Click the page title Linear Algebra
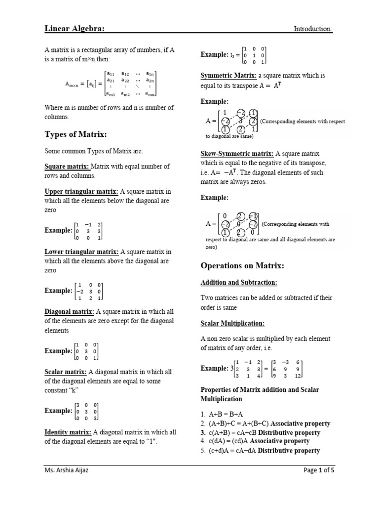[x=75, y=29]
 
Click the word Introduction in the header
[x=313, y=29]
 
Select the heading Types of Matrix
[x=76, y=135]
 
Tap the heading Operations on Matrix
[x=242, y=266]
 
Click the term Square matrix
[x=67, y=167]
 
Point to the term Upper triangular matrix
[x=81, y=191]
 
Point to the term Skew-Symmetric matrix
[x=237, y=154]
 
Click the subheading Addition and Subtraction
[x=239, y=283]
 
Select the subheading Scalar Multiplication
[x=232, y=323]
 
